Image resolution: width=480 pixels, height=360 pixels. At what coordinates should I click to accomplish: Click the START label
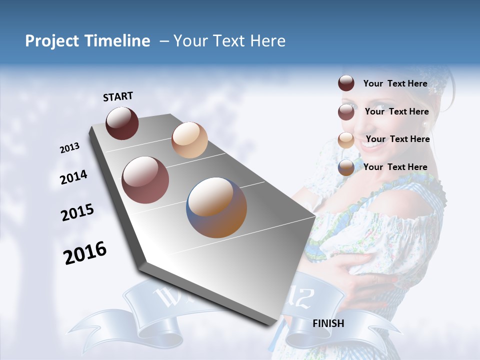click(118, 96)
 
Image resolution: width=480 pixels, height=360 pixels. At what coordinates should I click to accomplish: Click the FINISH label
click(328, 323)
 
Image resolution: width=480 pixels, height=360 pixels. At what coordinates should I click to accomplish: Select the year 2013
click(70, 148)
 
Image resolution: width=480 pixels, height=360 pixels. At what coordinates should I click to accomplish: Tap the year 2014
click(74, 177)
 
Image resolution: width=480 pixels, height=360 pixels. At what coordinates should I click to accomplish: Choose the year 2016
click(85, 253)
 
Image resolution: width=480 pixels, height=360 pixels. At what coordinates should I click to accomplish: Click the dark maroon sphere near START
click(122, 123)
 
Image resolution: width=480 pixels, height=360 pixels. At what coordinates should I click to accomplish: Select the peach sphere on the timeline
click(189, 140)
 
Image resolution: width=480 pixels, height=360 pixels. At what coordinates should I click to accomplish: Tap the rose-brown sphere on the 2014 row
click(145, 180)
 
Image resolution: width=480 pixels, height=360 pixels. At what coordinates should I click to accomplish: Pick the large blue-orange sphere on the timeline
click(216, 207)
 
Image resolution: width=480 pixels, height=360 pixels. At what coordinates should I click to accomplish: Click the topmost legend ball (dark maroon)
click(346, 83)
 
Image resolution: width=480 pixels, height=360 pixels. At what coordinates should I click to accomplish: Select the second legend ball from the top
click(346, 112)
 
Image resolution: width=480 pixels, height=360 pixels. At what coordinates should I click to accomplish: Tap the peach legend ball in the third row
click(346, 140)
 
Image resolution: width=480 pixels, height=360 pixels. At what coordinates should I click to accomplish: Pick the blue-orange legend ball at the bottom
click(346, 167)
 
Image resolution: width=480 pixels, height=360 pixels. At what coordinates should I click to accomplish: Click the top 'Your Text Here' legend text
click(395, 83)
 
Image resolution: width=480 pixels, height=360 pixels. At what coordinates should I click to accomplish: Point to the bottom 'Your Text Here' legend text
click(395, 167)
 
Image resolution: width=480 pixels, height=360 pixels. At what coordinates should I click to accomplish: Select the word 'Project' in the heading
click(51, 41)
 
